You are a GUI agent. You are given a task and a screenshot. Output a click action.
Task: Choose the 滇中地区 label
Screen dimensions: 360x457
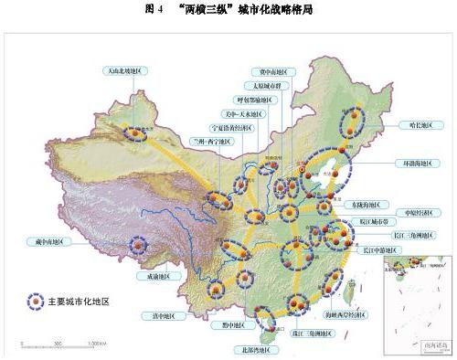coord(158,316)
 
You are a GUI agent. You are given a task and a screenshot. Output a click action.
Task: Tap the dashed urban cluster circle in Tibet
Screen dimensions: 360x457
coord(138,245)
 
